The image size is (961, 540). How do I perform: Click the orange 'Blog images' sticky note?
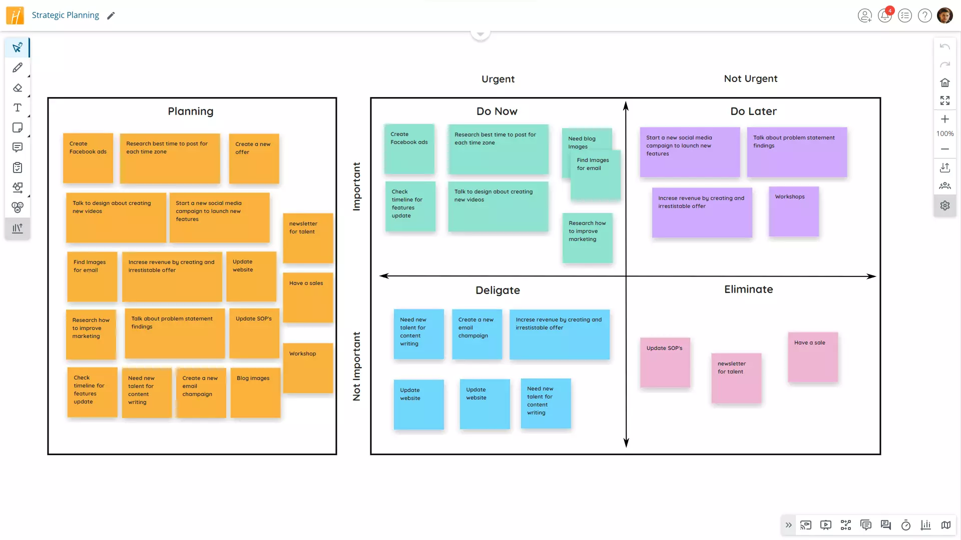pos(255,392)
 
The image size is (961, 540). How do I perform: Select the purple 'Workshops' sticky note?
pos(793,211)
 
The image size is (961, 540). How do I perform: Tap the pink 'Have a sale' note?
pos(812,357)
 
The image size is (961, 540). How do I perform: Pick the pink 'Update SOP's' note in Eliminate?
pos(665,362)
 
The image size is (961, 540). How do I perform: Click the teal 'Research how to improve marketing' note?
pos(587,238)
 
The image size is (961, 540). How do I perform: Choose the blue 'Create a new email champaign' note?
pos(476,334)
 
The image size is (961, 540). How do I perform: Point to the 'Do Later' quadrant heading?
pos(753,111)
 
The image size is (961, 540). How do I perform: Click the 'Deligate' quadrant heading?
pos(498,290)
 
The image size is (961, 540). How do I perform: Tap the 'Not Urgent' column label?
pos(750,78)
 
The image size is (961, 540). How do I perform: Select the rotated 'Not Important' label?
pos(356,366)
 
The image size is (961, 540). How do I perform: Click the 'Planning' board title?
pos(190,111)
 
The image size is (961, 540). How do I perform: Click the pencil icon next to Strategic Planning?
pos(111,15)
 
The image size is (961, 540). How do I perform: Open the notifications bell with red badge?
pos(885,15)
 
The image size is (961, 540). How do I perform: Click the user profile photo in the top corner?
pos(944,15)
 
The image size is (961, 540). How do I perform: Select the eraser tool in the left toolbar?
pos(18,88)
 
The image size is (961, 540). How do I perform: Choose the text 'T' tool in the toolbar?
pos(18,107)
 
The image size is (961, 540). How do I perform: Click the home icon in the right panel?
pos(944,82)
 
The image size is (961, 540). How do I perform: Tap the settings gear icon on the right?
pos(944,205)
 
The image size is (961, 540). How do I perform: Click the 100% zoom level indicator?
pos(944,133)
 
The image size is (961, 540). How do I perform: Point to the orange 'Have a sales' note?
pos(308,297)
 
